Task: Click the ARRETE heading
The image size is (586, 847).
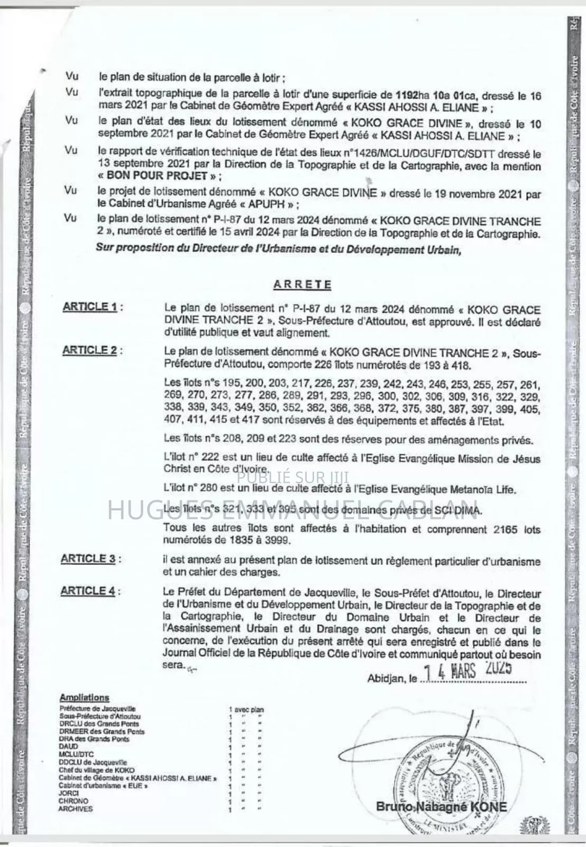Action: pyautogui.click(x=302, y=284)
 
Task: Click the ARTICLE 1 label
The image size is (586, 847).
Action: pyautogui.click(x=90, y=307)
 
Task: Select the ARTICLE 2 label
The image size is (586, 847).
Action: pyautogui.click(x=90, y=350)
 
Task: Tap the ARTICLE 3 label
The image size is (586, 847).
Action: pyautogui.click(x=88, y=559)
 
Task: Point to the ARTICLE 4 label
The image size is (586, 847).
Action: pyautogui.click(x=88, y=591)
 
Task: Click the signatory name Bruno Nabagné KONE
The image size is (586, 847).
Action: pyautogui.click(x=441, y=807)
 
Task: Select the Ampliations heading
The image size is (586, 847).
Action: pyautogui.click(x=84, y=698)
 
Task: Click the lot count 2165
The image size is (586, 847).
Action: pyautogui.click(x=502, y=529)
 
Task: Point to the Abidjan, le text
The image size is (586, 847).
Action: pyautogui.click(x=392, y=678)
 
